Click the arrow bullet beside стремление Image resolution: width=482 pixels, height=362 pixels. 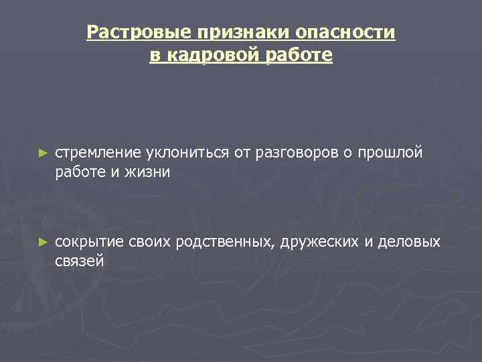[43, 154]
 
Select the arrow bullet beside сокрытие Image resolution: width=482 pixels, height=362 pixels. [43, 242]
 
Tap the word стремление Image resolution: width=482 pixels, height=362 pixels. [94, 153]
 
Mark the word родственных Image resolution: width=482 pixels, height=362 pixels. [224, 241]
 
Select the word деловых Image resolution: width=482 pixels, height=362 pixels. [409, 241]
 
